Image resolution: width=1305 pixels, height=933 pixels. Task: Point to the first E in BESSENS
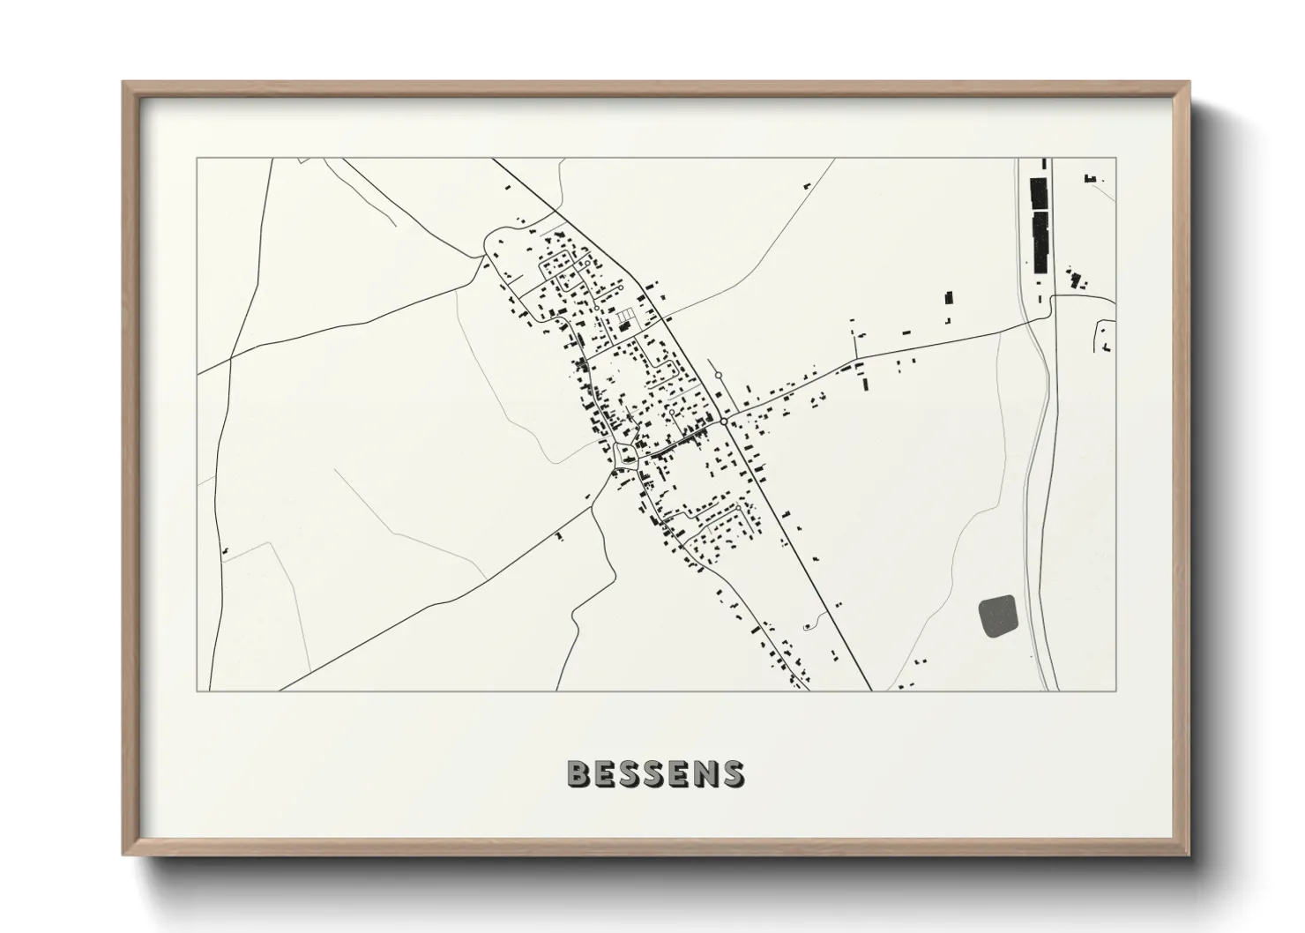(605, 773)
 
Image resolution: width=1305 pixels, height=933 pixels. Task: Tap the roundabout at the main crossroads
(724, 422)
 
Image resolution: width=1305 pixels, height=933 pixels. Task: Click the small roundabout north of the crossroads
(719, 376)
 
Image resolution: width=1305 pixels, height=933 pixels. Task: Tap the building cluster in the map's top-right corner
(1091, 179)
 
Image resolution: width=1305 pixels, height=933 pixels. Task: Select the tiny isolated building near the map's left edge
(227, 551)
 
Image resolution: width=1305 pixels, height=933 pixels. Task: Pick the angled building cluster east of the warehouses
(1076, 280)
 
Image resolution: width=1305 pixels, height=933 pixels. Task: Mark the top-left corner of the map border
(197, 159)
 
